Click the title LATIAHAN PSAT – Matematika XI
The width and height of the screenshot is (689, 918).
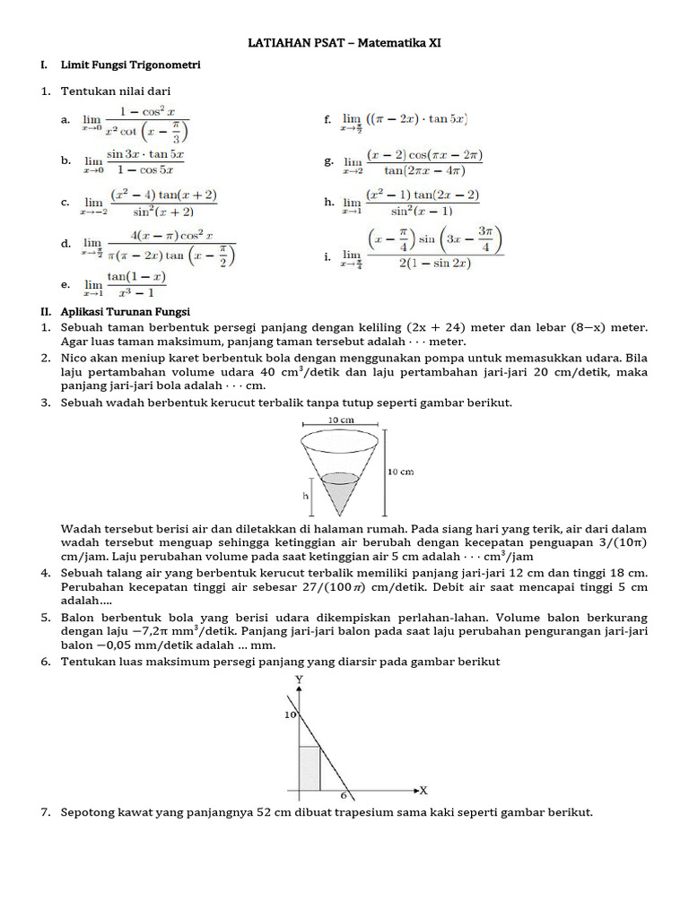tap(344, 42)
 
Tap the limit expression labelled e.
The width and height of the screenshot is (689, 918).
tap(124, 284)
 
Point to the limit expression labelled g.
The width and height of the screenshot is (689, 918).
tap(413, 162)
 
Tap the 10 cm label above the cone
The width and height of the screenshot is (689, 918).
tap(340, 419)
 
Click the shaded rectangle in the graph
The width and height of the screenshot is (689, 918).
tap(310, 768)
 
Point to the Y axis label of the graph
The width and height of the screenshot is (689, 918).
tap(298, 680)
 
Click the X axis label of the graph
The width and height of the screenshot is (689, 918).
tap(423, 790)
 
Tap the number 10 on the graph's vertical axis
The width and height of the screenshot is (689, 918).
tap(289, 715)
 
